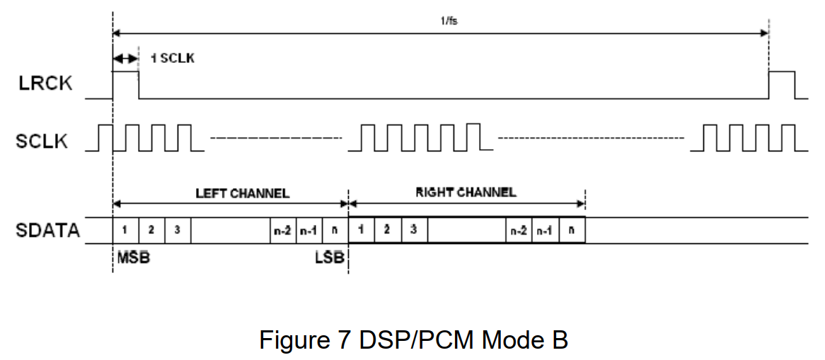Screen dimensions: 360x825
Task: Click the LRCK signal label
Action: [x=45, y=83]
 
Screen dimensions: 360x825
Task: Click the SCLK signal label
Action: [x=42, y=140]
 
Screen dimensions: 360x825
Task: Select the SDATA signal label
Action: [x=48, y=230]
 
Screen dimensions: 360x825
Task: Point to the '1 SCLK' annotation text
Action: [x=172, y=58]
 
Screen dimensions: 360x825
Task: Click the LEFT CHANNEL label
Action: [x=242, y=192]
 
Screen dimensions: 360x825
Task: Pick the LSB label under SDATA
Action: [x=329, y=258]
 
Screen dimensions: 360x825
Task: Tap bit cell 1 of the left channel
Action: [x=125, y=230]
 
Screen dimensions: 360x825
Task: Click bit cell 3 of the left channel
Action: [x=178, y=230]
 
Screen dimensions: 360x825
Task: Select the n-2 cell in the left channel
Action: [x=282, y=230]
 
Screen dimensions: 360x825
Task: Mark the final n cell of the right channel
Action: [x=572, y=230]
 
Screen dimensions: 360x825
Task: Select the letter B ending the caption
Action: [x=559, y=339]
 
